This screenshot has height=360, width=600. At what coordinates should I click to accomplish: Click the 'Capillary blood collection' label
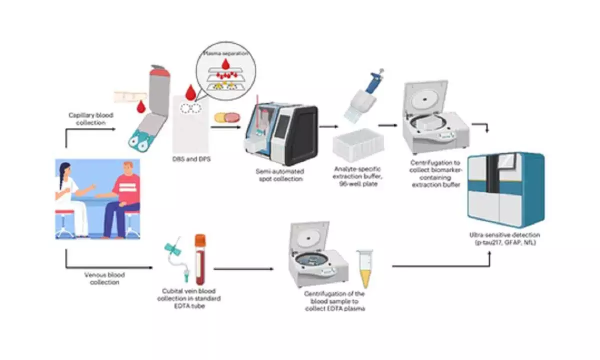pyautogui.click(x=90, y=118)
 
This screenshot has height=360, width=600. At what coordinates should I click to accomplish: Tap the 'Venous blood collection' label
pyautogui.click(x=105, y=278)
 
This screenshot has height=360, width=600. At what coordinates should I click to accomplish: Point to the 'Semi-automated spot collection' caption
pyautogui.click(x=279, y=175)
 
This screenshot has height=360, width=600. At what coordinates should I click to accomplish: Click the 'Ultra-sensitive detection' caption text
pyautogui.click(x=505, y=239)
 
